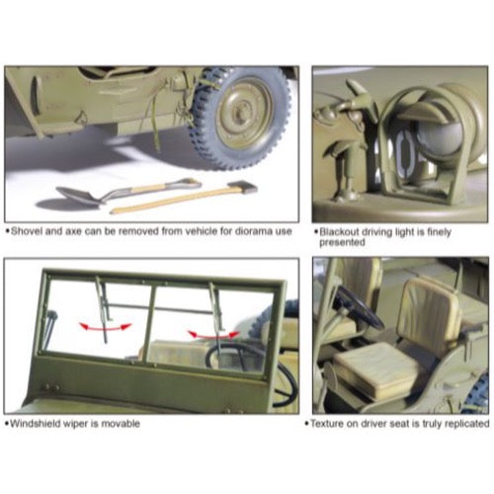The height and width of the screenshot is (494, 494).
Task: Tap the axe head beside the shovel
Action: click(x=242, y=187)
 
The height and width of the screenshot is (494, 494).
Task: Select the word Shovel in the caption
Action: click(x=27, y=231)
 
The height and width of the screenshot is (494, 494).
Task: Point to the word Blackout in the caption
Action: click(x=339, y=232)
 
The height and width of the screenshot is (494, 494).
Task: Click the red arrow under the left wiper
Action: click(x=106, y=327)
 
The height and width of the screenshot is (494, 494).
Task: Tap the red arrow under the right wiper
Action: click(x=213, y=335)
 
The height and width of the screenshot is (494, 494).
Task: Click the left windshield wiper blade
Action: click(x=103, y=309)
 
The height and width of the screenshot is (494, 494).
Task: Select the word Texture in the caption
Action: click(x=327, y=423)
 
